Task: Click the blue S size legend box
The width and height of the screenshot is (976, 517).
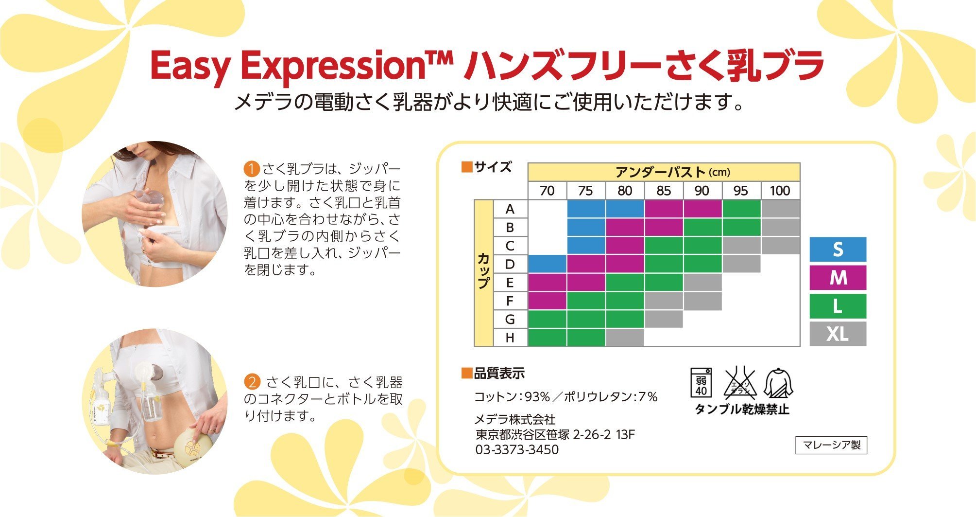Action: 838,250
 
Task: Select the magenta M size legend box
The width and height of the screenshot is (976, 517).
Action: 838,278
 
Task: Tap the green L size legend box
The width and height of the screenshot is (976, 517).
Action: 838,306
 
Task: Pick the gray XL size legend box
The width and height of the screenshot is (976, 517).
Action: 838,334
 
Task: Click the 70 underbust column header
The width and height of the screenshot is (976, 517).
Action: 547,191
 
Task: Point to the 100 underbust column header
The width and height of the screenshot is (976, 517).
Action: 780,191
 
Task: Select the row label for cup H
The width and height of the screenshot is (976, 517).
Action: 510,338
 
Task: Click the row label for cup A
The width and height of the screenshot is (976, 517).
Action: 510,209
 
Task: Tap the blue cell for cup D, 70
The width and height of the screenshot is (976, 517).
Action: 547,264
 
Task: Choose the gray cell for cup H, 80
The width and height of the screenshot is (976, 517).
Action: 625,338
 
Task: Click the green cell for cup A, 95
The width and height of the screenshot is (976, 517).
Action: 741,209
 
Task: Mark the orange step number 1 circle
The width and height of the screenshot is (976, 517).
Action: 252,169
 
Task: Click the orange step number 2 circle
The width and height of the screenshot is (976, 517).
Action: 252,382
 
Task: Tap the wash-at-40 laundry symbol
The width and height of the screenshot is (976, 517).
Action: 701,383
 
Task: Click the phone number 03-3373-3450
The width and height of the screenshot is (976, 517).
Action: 517,450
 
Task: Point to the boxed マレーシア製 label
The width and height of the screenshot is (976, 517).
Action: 831,445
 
